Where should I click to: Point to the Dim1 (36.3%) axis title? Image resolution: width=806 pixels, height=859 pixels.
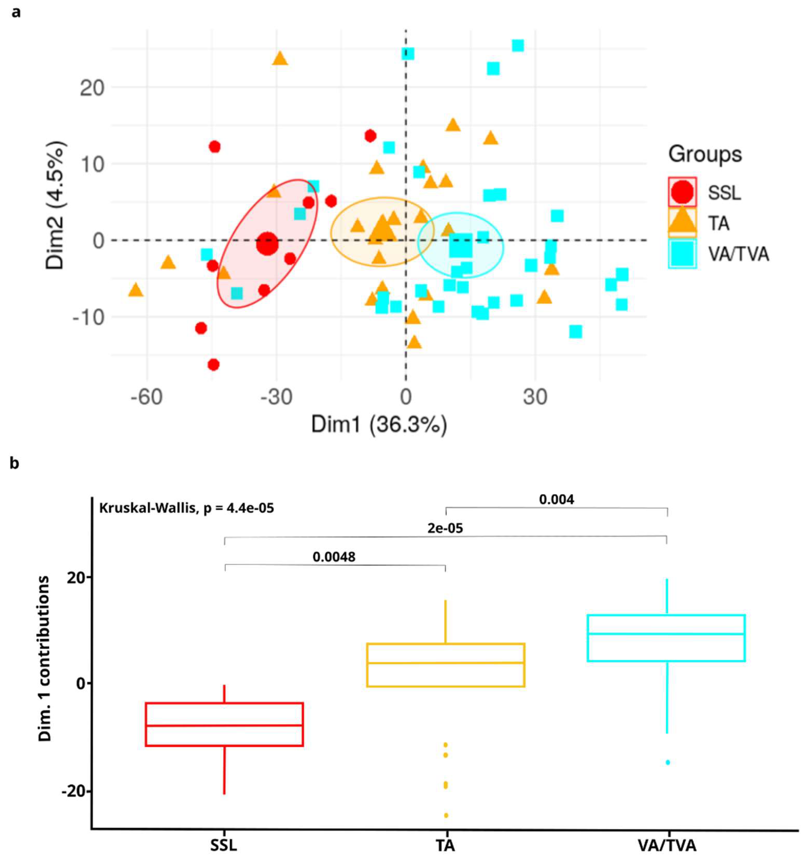pos(379,425)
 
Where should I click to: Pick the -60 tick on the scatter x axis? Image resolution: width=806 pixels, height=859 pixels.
pos(147,397)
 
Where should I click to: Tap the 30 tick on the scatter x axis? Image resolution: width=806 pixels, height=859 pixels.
pos(535,397)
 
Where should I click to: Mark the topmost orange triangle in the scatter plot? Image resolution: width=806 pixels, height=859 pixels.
pos(280,58)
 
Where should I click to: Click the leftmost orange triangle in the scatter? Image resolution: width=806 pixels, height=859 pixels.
pos(135,290)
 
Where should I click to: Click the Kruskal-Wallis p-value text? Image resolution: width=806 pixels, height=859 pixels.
pos(186,508)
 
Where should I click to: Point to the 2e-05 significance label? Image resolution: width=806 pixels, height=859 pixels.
pos(445,528)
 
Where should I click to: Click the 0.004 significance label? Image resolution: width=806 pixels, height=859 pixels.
pos(556,499)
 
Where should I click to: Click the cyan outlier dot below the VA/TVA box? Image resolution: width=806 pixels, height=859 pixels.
pos(667,763)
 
